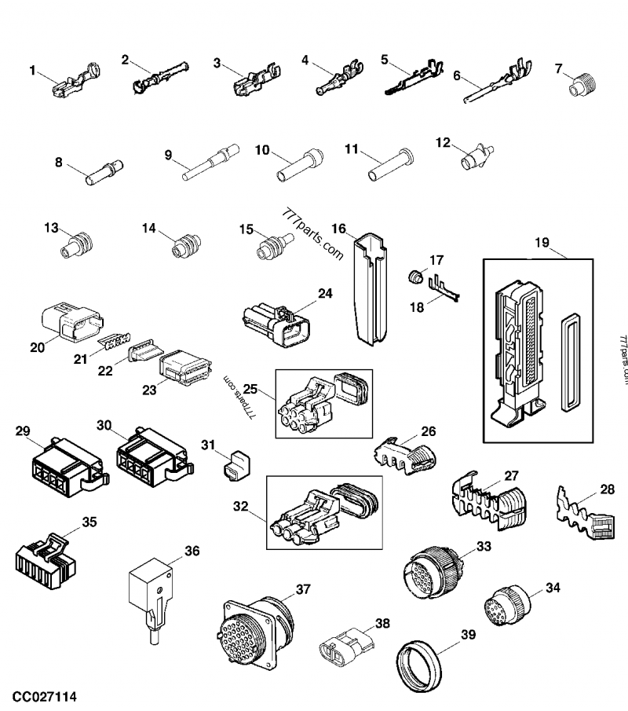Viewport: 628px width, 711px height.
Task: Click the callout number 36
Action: point(191,552)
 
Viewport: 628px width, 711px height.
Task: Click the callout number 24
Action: point(324,294)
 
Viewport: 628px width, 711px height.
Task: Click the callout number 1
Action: point(32,71)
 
